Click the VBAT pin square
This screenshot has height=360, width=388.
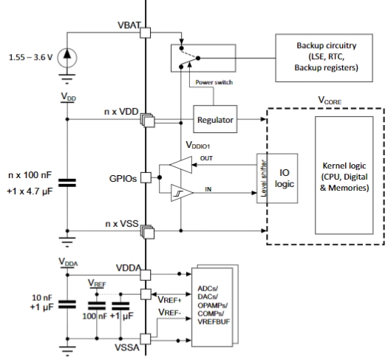point(146,33)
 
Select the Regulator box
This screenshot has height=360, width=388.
point(215,119)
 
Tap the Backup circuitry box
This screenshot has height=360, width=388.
point(324,58)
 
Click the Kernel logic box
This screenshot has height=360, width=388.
point(344,175)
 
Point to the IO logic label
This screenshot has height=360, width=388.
point(285,178)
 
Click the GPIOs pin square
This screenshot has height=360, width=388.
point(146,177)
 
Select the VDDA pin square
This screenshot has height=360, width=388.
point(146,275)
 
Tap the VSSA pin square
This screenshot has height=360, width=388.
point(146,339)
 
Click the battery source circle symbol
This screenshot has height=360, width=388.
point(67,58)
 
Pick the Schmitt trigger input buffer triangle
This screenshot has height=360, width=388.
point(181,193)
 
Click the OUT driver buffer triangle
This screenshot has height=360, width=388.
point(181,165)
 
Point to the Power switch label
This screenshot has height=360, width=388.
point(214,82)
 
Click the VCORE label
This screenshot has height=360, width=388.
point(330,101)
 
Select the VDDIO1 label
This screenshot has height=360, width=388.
point(198,145)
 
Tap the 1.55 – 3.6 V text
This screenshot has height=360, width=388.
point(31,58)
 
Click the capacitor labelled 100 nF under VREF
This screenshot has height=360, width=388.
point(97,306)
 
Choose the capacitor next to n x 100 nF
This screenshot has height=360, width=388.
point(67,183)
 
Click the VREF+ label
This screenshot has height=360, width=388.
point(169,300)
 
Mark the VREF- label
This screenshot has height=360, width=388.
point(169,313)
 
